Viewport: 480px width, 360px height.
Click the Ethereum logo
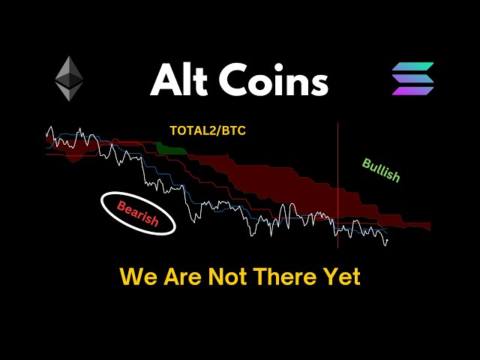(x=69, y=78)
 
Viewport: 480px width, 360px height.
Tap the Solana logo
(x=412, y=79)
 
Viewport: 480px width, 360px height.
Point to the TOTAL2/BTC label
(x=208, y=130)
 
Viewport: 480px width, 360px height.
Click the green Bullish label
(x=381, y=170)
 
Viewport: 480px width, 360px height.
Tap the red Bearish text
(x=137, y=213)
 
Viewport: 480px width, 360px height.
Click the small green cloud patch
(x=172, y=148)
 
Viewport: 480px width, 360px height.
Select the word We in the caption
(x=137, y=277)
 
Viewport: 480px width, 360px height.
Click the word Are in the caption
(x=182, y=277)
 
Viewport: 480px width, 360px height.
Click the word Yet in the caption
(x=343, y=277)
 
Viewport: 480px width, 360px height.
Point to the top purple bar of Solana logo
(x=413, y=67)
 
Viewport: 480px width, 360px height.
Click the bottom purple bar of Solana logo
(x=412, y=91)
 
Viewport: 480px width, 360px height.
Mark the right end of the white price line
(x=387, y=241)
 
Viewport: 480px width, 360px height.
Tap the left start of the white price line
(x=46, y=141)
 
